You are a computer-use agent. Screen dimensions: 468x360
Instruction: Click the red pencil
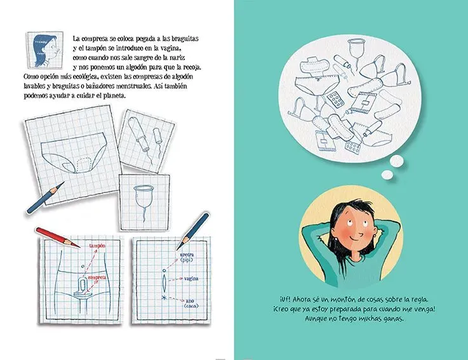tap(57, 237)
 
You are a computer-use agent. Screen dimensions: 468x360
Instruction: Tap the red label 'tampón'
tap(97, 246)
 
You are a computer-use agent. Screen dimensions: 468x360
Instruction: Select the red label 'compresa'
tap(97, 277)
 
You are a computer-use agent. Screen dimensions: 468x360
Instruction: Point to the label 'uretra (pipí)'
tap(187, 257)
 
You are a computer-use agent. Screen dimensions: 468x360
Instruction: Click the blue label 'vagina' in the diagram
tap(191, 279)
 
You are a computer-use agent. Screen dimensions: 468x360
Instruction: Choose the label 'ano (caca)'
tap(191, 303)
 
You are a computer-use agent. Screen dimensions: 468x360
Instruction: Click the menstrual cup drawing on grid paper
tap(144, 199)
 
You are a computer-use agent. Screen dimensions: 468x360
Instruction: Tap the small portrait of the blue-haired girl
tap(45, 50)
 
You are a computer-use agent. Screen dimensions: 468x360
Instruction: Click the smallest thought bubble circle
tap(387, 175)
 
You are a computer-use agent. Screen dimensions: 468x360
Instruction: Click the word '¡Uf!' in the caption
tap(284, 300)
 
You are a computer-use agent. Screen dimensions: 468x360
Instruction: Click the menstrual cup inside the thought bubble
tap(356, 51)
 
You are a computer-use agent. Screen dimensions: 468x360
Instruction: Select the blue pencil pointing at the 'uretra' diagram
tap(192, 230)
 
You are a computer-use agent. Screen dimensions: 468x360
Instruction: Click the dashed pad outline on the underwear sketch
tap(83, 165)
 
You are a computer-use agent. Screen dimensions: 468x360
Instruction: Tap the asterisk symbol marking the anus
tap(164, 297)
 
